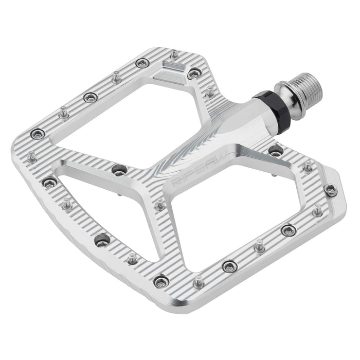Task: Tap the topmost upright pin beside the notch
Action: pos(174,53)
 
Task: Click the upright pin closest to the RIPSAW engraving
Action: pos(161,205)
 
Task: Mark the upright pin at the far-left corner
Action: pos(32,155)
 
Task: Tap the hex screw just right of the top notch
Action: pos(193,75)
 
